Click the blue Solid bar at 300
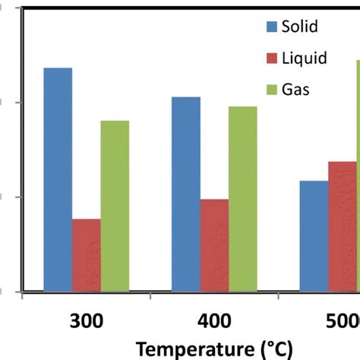58,179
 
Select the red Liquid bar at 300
86,254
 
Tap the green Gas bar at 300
115,205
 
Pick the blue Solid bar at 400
186,194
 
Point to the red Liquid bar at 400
214,245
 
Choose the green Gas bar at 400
243,198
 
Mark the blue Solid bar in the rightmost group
314,235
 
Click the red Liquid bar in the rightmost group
342,226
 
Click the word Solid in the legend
299,27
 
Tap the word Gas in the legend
295,89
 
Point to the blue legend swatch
272,28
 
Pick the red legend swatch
272,58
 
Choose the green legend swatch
272,90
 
